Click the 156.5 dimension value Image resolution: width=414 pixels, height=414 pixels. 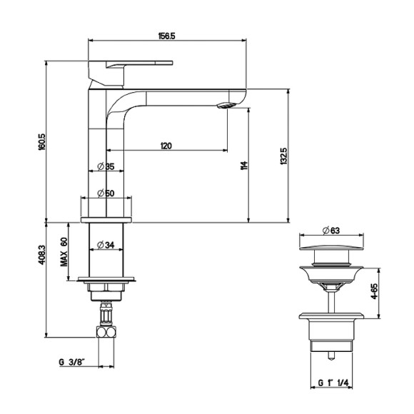click(x=166, y=36)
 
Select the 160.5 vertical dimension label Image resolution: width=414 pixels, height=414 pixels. click(x=42, y=142)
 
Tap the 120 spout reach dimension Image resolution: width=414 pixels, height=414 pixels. click(x=166, y=146)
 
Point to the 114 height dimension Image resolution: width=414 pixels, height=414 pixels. click(x=245, y=166)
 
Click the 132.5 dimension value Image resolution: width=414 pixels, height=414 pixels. click(x=283, y=156)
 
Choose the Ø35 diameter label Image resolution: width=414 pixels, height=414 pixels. click(x=106, y=166)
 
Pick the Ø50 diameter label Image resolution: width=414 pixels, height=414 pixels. click(x=106, y=193)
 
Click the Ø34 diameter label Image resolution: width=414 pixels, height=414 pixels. click(x=106, y=245)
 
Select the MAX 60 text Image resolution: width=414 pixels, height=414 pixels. click(x=64, y=252)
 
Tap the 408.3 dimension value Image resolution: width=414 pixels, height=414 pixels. click(x=42, y=255)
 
